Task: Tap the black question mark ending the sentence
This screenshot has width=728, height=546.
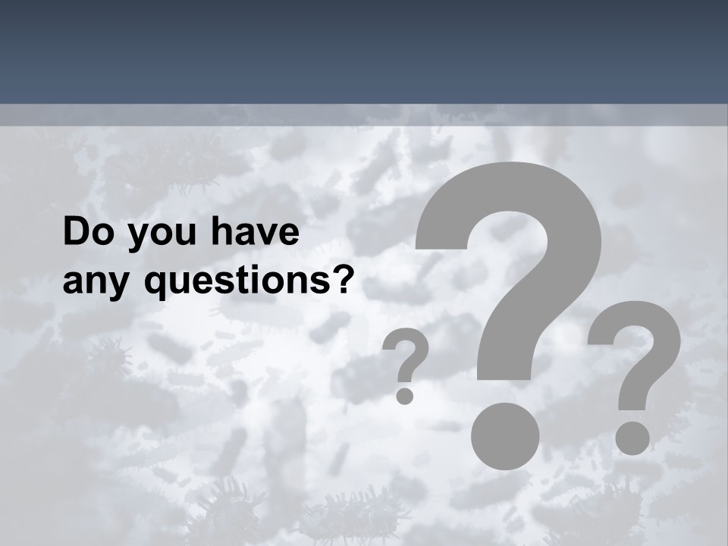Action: (343, 279)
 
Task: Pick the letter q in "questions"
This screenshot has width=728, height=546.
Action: (156, 285)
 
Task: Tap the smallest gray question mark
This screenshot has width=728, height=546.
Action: (406, 364)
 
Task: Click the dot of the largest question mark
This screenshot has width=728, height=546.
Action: (505, 435)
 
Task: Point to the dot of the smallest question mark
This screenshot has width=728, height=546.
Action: (405, 395)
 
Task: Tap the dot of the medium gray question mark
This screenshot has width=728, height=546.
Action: (632, 438)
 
